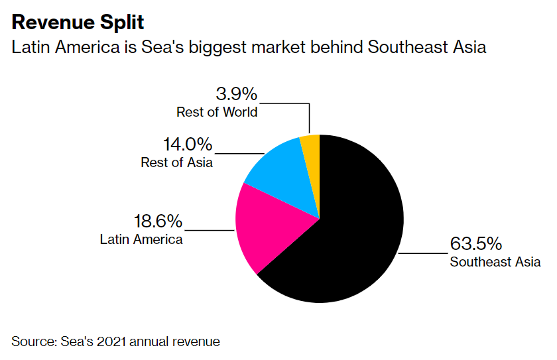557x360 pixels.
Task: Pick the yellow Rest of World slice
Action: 310,149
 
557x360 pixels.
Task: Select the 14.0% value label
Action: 188,144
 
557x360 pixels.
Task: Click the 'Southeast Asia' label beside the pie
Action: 495,261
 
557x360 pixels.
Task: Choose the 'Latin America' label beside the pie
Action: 141,239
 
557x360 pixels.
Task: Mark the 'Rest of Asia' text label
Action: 177,162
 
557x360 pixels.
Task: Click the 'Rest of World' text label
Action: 217,111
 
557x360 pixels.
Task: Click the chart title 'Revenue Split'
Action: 78,23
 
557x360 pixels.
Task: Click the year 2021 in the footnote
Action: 113,341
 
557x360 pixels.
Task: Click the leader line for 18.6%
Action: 209,231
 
